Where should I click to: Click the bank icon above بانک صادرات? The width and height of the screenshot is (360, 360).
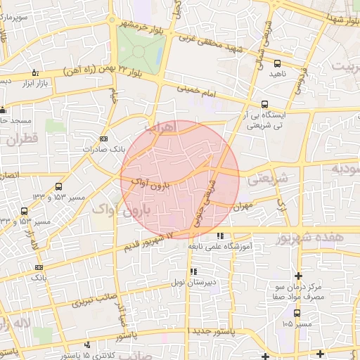(x=103, y=139)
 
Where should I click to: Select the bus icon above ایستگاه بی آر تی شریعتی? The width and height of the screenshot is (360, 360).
(x=264, y=101)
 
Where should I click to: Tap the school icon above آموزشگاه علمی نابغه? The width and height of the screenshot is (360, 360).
(x=221, y=236)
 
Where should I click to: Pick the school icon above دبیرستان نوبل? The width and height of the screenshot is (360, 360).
(x=193, y=271)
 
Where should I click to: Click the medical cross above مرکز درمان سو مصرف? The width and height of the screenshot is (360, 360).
(x=299, y=275)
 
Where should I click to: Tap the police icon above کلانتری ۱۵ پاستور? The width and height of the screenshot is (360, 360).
(x=86, y=345)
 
